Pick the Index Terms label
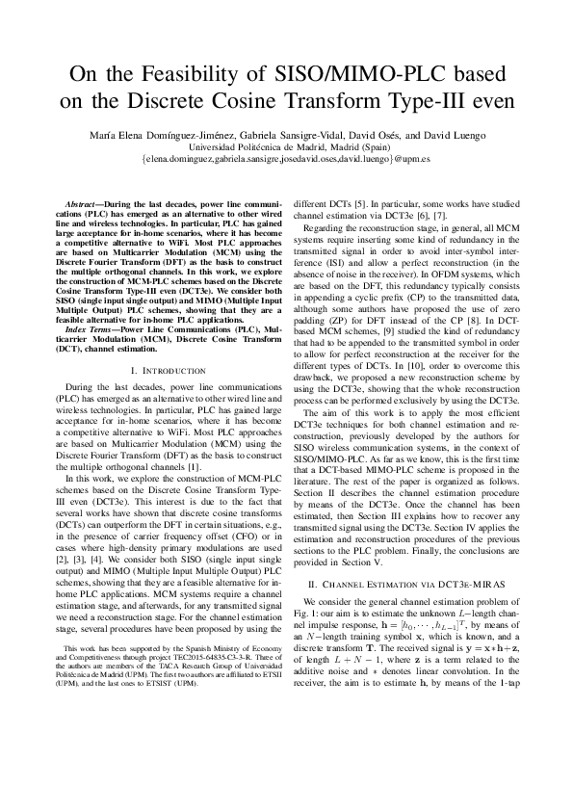[89, 329]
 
